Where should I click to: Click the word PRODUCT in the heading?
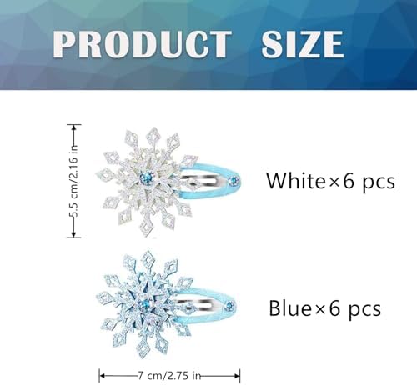click(x=142, y=44)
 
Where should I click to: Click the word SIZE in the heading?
click(x=303, y=44)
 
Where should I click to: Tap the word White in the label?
click(x=296, y=181)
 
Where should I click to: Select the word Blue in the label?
click(x=290, y=308)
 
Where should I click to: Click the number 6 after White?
click(x=349, y=182)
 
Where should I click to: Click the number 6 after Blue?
click(x=334, y=308)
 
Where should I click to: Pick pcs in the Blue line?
click(x=364, y=311)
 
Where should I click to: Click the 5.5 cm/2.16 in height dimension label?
click(x=74, y=181)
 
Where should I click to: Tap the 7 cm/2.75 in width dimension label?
click(x=169, y=376)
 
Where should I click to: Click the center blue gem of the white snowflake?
click(x=147, y=177)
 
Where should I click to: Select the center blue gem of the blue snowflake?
click(x=144, y=305)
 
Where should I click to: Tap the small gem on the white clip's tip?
click(x=233, y=182)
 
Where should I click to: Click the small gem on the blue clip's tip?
click(x=230, y=307)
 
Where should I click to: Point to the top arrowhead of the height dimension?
click(x=74, y=127)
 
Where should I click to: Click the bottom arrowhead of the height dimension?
click(x=74, y=235)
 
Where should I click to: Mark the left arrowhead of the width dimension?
click(x=102, y=376)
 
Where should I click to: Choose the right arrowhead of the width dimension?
click(x=237, y=376)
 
